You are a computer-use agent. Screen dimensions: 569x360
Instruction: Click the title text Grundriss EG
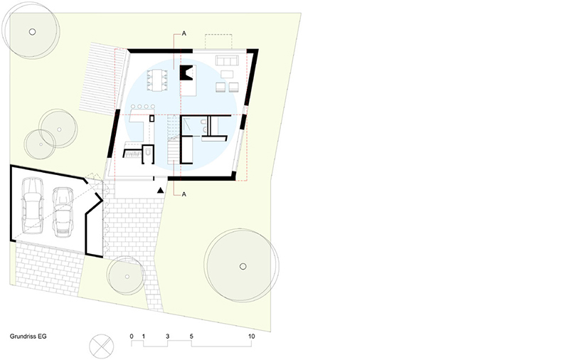click(x=28, y=337)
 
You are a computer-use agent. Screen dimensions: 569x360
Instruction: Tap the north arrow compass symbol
click(x=101, y=346)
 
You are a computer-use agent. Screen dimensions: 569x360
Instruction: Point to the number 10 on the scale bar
click(x=252, y=337)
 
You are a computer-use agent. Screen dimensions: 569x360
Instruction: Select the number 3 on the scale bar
click(x=167, y=337)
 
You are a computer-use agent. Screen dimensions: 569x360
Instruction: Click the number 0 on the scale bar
click(x=132, y=337)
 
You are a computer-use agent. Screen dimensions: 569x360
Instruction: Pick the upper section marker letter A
click(x=184, y=33)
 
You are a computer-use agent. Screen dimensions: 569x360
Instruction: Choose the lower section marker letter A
click(x=184, y=194)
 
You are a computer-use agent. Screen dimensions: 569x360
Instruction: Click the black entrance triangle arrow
click(x=160, y=190)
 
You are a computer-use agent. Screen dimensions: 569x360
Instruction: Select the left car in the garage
click(x=32, y=206)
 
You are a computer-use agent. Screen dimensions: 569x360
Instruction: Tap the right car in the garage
click(x=63, y=212)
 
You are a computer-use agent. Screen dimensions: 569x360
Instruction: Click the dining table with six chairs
click(x=157, y=80)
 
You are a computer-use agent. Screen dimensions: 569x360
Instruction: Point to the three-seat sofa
click(x=227, y=60)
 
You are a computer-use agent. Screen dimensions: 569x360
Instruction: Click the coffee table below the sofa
click(x=227, y=75)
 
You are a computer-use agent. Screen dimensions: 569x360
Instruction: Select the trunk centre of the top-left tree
click(x=32, y=32)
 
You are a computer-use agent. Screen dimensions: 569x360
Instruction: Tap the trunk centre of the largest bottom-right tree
click(x=243, y=266)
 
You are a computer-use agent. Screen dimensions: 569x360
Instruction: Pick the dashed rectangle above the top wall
click(x=218, y=41)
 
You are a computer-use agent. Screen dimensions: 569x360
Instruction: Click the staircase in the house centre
click(x=174, y=139)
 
